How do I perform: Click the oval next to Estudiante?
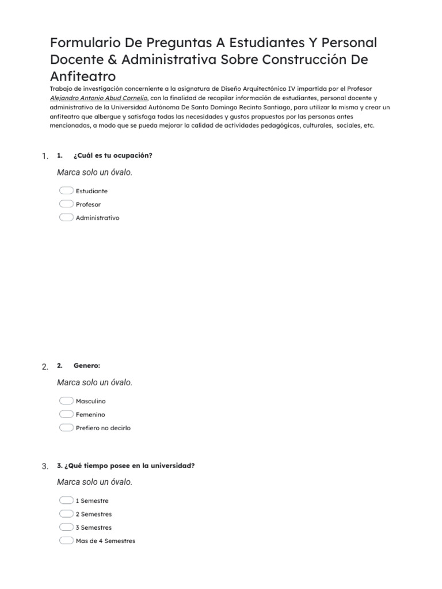click(x=66, y=190)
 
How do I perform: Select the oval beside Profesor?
click(x=66, y=204)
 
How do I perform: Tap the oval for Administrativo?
click(x=66, y=217)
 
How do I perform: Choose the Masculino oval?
click(x=66, y=401)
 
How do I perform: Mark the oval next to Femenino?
click(x=66, y=414)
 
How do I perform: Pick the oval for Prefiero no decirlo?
click(x=66, y=427)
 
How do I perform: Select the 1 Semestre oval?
click(x=66, y=500)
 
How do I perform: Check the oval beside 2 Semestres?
click(x=66, y=514)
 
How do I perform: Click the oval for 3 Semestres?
click(x=66, y=527)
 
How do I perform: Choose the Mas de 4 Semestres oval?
click(x=66, y=541)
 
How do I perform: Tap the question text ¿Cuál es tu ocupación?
click(x=113, y=155)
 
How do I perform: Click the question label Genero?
click(x=87, y=365)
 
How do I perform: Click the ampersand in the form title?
click(x=112, y=59)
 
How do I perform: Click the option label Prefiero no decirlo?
click(x=103, y=428)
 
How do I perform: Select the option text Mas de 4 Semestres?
click(x=105, y=541)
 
